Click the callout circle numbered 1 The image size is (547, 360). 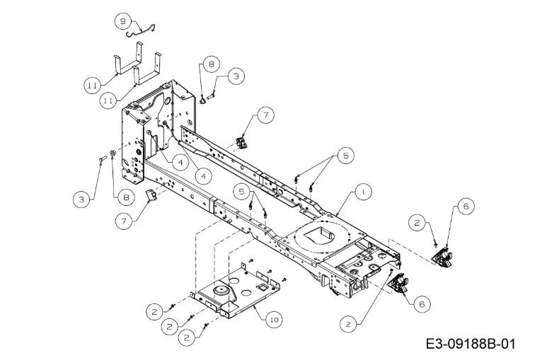(x=364, y=192)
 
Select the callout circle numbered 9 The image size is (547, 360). (x=123, y=21)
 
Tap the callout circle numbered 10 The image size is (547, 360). (x=274, y=320)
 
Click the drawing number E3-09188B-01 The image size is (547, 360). (x=471, y=344)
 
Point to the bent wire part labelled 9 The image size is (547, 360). (x=141, y=31)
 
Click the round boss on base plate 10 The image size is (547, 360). (x=221, y=290)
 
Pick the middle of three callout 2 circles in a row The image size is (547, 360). (x=170, y=327)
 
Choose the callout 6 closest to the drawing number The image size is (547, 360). (x=422, y=304)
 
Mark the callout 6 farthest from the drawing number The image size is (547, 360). (x=466, y=207)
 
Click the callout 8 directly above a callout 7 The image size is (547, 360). (x=124, y=197)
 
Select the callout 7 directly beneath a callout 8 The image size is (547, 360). (x=125, y=221)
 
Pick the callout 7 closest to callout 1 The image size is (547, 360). (x=266, y=115)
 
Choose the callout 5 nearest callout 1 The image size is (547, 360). (x=346, y=156)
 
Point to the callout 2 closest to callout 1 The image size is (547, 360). (x=417, y=223)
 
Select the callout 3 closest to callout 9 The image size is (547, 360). (x=236, y=76)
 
